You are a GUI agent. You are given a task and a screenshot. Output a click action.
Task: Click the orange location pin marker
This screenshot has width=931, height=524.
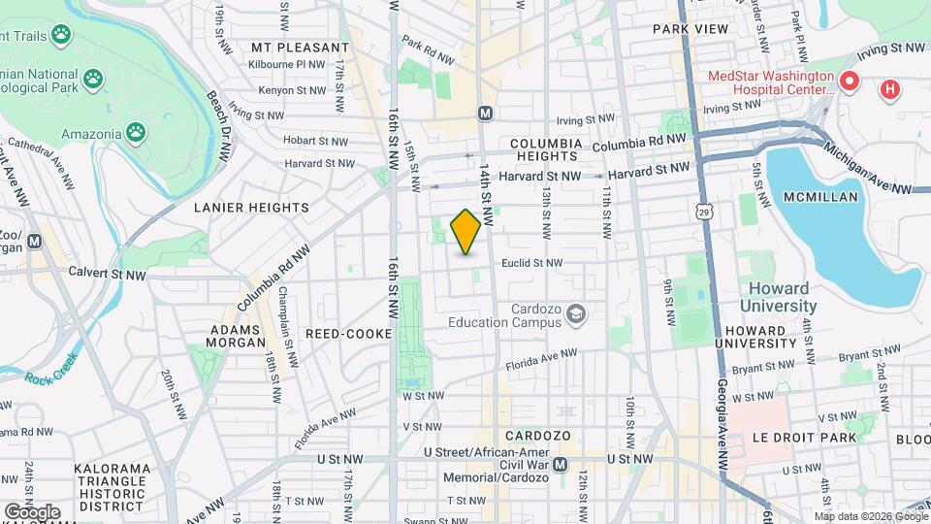pos(465,231)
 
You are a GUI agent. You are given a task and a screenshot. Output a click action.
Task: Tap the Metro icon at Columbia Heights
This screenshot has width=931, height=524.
pos(485,114)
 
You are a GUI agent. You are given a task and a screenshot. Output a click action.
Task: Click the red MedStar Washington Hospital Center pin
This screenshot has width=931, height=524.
pos(851,82)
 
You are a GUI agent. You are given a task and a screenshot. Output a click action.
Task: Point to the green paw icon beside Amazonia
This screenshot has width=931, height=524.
pos(137,133)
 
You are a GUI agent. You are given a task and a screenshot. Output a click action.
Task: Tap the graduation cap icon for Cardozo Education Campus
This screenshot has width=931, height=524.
pos(577,313)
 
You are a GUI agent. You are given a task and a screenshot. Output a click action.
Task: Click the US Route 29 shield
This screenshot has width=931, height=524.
pos(701,210)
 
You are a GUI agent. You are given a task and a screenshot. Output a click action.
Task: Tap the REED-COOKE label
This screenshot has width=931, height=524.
pos(346,333)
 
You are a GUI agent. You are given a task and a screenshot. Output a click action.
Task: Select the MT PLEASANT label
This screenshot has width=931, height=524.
pos(300,47)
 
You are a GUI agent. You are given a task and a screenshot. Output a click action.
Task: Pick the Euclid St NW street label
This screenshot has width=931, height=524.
pos(531,263)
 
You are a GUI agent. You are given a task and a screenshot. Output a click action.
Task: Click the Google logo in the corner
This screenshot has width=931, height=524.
pos(31,511)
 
